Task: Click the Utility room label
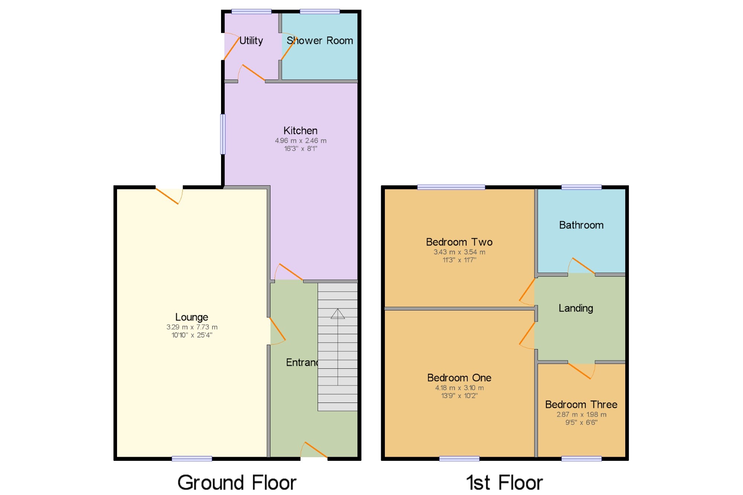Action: pos(251,40)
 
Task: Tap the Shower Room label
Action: pos(319,40)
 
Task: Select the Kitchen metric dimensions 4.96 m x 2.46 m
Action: pos(301,141)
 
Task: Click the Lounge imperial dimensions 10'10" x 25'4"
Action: pos(192,335)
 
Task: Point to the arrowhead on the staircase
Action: pos(338,314)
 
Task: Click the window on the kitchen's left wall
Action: pos(223,134)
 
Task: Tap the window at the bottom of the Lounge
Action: pos(192,459)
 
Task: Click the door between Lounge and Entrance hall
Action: pos(277,330)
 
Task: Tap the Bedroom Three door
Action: pos(580,370)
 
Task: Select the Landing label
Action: pos(575,308)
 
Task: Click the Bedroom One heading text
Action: pos(459,378)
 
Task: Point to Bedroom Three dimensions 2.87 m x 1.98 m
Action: pos(581,414)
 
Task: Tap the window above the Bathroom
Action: pos(581,187)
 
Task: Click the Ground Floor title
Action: pos(237,482)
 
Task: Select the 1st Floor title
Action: pos(504,482)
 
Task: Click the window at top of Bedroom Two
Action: pos(451,187)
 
